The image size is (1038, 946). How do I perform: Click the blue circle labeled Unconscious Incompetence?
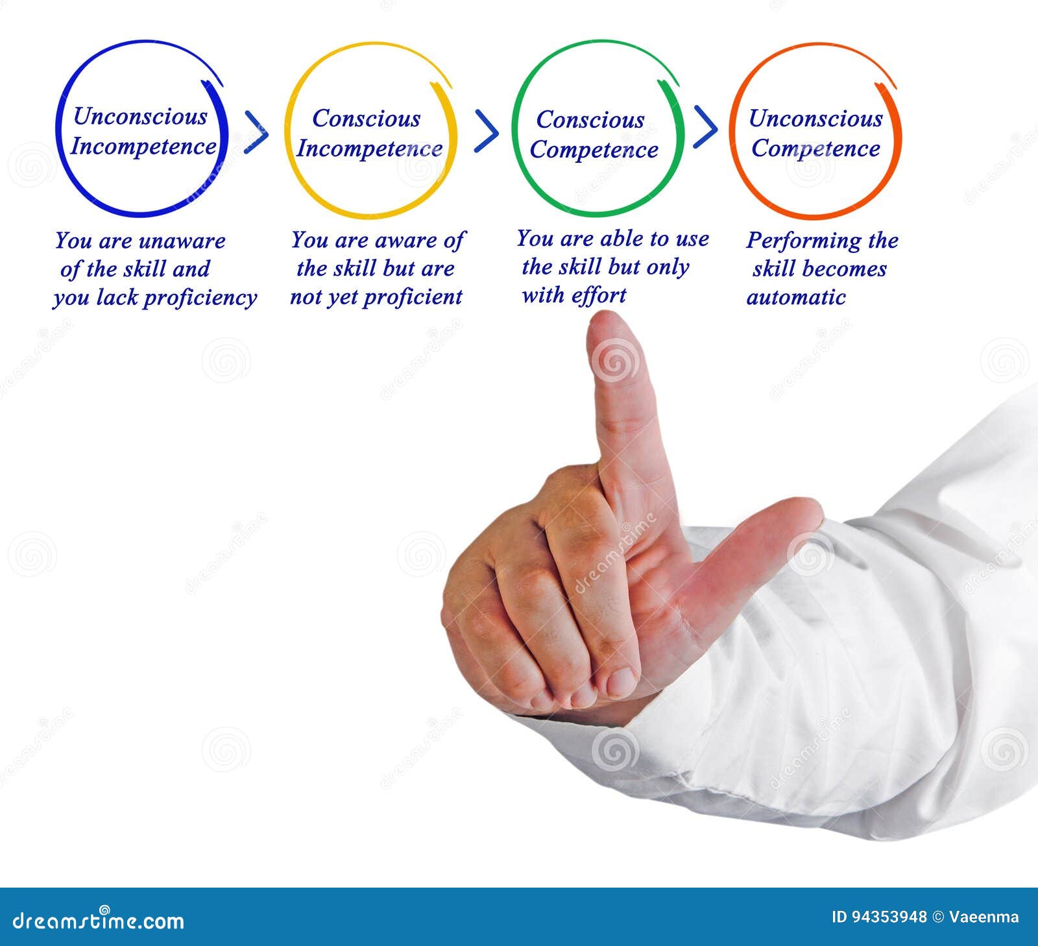[x=142, y=130]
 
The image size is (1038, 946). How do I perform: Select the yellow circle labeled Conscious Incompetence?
[x=370, y=131]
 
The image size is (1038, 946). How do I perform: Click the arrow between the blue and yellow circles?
[x=256, y=132]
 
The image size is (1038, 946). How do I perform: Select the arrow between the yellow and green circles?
[x=487, y=131]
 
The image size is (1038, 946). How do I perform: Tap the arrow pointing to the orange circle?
[x=706, y=127]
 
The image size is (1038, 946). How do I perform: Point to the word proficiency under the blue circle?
[x=200, y=298]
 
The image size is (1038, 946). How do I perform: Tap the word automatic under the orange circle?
[x=796, y=297]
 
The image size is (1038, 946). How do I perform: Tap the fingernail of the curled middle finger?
[x=622, y=682]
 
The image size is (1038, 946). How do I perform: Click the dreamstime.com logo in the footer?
[x=99, y=920]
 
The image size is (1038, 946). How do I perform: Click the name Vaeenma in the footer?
[x=984, y=917]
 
